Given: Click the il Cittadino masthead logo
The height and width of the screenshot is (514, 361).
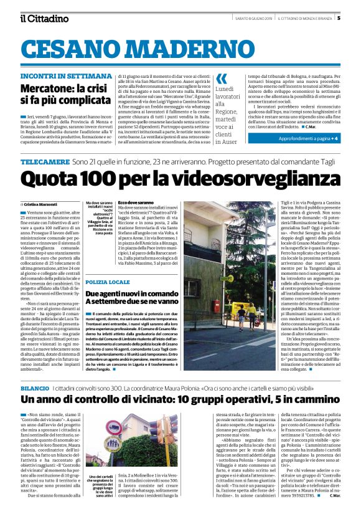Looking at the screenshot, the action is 44,18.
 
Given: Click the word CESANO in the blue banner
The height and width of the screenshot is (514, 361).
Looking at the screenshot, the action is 78,48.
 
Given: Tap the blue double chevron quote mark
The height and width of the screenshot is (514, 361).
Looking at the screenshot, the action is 221,79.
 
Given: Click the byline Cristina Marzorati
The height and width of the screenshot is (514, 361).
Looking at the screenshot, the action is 40,204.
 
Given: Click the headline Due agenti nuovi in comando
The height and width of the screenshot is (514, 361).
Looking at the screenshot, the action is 133,293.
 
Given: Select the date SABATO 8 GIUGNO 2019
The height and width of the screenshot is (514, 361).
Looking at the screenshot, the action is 243,17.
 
